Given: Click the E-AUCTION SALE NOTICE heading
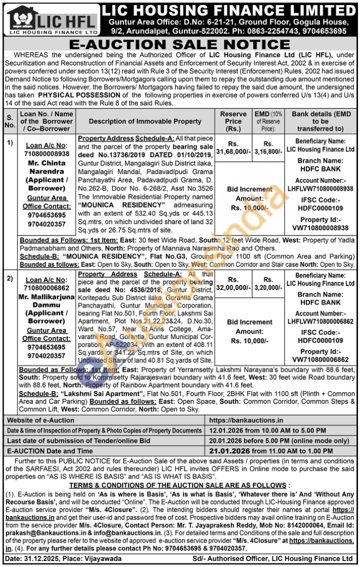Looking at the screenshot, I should pos(179,44).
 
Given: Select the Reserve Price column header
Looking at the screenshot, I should pos(233,121).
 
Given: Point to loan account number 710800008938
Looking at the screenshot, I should pos(47,154).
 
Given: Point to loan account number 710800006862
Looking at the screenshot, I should pos(47,288).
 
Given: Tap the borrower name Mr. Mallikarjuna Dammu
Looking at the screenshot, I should pos(47,300).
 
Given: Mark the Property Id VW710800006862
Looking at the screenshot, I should pos(321,359).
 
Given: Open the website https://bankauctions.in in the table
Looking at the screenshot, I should pos(246,420).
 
